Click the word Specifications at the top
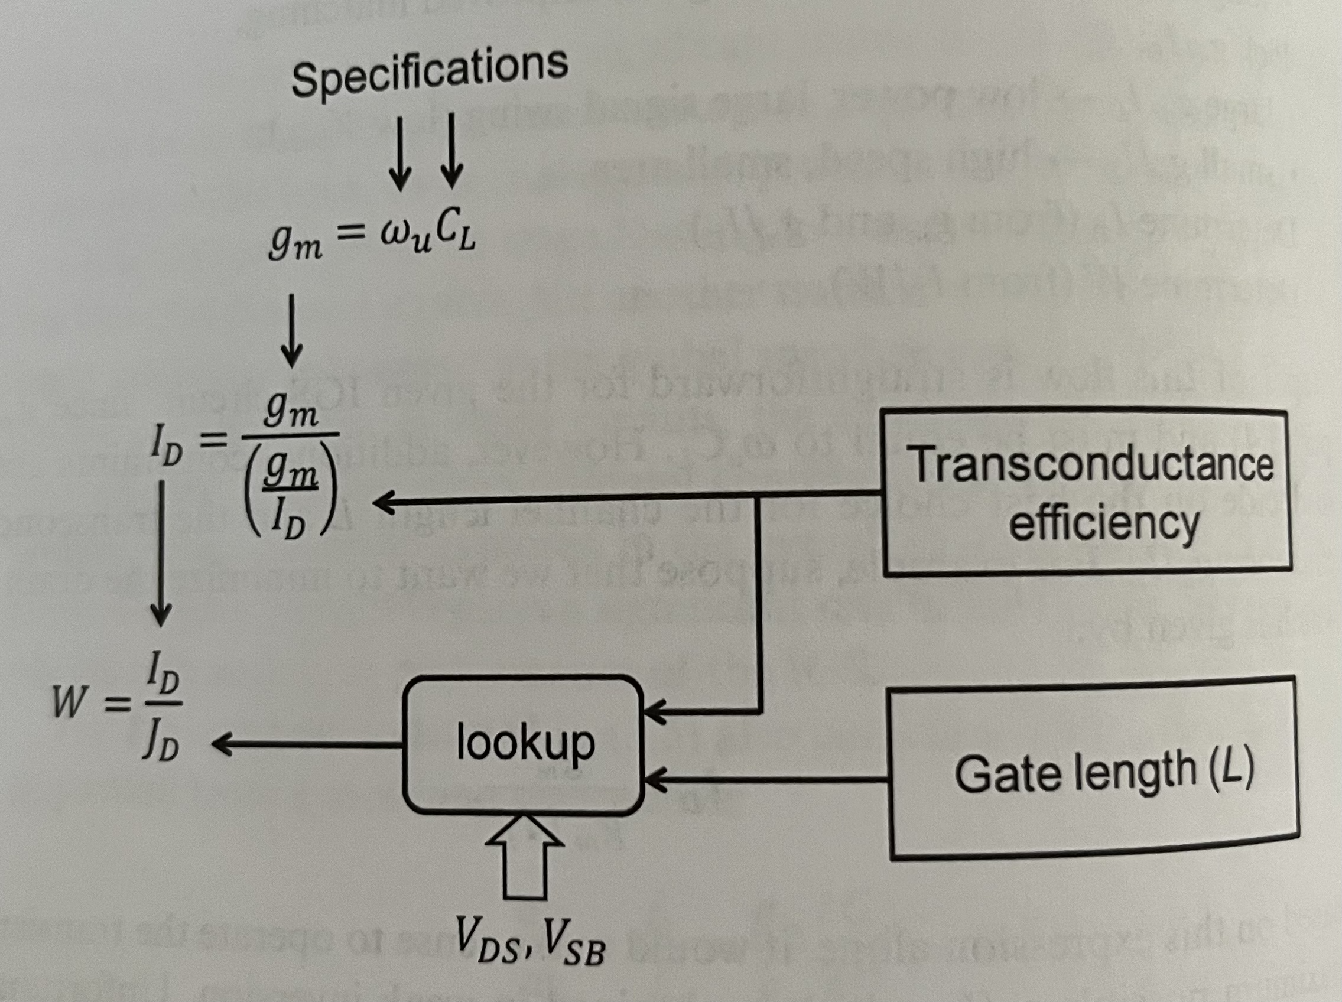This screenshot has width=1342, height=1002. pos(429,74)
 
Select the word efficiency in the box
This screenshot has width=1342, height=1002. pos(1104,523)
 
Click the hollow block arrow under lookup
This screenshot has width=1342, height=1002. pos(525,857)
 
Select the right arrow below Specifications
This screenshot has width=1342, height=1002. pos(451,152)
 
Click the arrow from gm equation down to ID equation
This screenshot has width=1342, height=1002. pos(292,331)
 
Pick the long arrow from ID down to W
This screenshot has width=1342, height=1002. pos(161,552)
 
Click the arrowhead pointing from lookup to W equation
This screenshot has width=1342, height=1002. pos(222,744)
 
